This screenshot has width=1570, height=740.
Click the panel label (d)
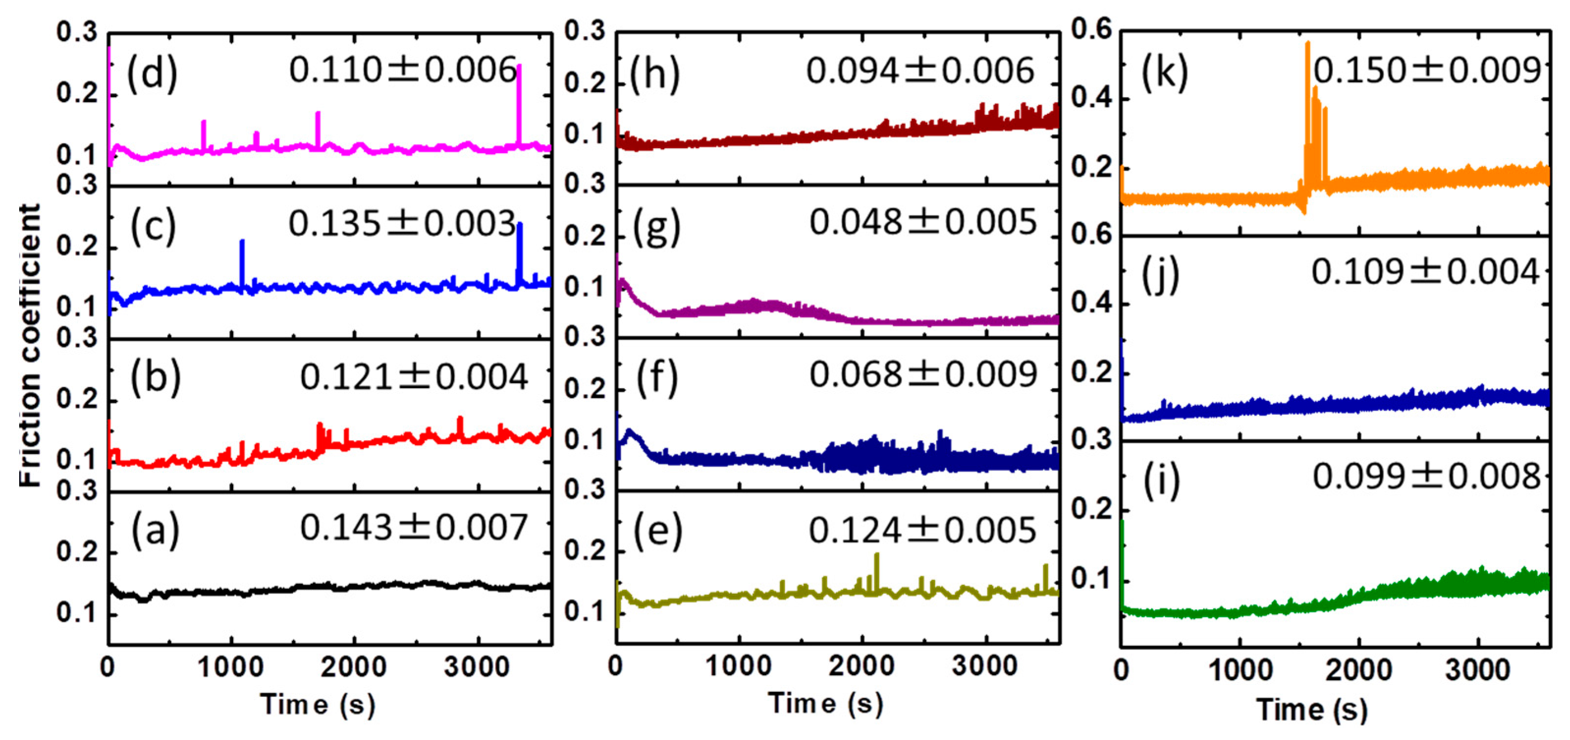[x=152, y=73]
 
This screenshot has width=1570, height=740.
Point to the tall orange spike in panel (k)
[x=1307, y=91]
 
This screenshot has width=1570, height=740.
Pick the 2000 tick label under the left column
[x=353, y=667]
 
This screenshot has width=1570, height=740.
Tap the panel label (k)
[x=1164, y=73]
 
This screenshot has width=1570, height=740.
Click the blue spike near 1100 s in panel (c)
[x=242, y=262]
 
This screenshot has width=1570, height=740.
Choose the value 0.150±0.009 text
[x=1426, y=71]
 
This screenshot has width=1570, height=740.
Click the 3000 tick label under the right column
[x=1477, y=670]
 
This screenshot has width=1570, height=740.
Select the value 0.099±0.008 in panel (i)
[x=1426, y=476]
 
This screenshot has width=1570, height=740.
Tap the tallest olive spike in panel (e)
[x=877, y=570]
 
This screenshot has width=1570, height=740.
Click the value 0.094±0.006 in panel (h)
[x=920, y=71]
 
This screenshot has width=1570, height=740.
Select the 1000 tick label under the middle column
[x=739, y=666]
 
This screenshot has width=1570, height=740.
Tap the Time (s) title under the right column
[x=1311, y=710]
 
